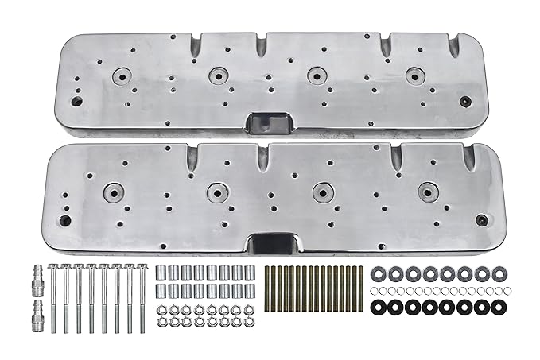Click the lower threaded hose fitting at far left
click(x=38, y=312)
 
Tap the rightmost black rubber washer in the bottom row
click(x=499, y=306)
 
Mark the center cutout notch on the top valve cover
click(x=263, y=122)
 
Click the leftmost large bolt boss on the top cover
click(x=122, y=77)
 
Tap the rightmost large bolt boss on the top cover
click(x=413, y=76)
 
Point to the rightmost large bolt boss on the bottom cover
click(x=429, y=191)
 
